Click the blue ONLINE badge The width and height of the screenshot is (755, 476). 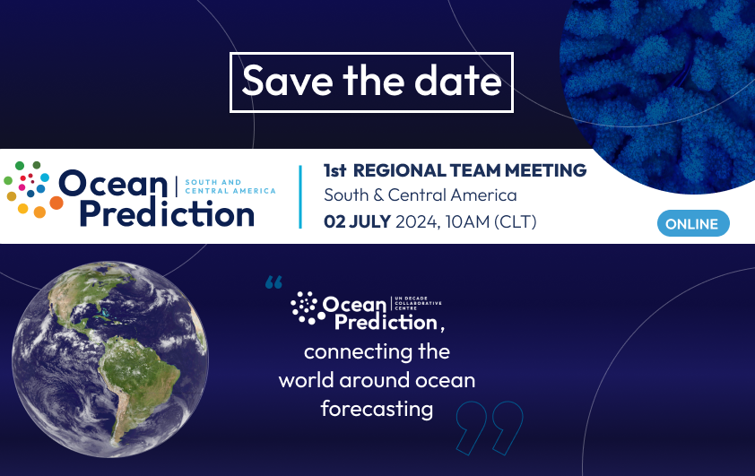pyautogui.click(x=693, y=223)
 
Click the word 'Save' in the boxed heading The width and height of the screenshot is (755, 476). pyautogui.click(x=287, y=81)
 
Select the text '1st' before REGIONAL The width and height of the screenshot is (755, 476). pyautogui.click(x=334, y=170)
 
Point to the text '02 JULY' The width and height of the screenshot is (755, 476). pyautogui.click(x=357, y=222)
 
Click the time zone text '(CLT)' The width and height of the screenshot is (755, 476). pyautogui.click(x=515, y=222)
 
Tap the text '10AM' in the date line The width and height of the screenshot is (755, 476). pyautogui.click(x=467, y=222)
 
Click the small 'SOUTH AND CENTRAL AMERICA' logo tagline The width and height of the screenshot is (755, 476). pyautogui.click(x=230, y=186)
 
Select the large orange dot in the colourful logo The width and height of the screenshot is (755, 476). pyautogui.click(x=56, y=203)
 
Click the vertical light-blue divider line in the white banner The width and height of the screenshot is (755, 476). pyautogui.click(x=300, y=197)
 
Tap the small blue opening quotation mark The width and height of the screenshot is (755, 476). pyautogui.click(x=273, y=282)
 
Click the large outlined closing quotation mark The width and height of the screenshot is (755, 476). pyautogui.click(x=490, y=428)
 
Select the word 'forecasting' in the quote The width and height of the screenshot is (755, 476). pyautogui.click(x=377, y=409)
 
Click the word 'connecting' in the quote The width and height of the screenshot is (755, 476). pyautogui.click(x=359, y=351)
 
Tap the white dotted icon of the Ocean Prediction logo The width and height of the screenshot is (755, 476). pyautogui.click(x=305, y=307)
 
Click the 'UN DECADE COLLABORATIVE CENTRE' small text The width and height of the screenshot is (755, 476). pyautogui.click(x=418, y=303)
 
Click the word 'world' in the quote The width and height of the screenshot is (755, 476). pyautogui.click(x=307, y=380)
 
